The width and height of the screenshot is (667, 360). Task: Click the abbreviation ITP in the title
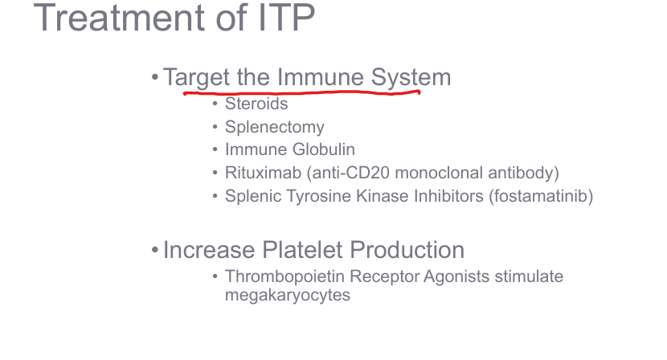click(287, 18)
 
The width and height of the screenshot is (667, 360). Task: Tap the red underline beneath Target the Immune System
click(302, 92)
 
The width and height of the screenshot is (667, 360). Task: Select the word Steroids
click(256, 104)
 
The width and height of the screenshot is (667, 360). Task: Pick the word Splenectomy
click(275, 127)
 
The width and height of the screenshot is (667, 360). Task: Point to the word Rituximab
click(264, 173)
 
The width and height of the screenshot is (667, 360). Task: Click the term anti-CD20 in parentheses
click(348, 173)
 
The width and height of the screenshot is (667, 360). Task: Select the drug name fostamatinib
click(541, 196)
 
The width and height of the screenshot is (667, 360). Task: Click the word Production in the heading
click(407, 250)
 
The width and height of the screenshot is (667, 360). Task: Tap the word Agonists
click(456, 277)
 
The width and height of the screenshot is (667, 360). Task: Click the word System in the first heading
click(411, 77)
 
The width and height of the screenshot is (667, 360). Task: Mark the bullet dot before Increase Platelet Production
click(155, 250)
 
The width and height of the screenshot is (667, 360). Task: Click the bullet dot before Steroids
click(215, 104)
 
